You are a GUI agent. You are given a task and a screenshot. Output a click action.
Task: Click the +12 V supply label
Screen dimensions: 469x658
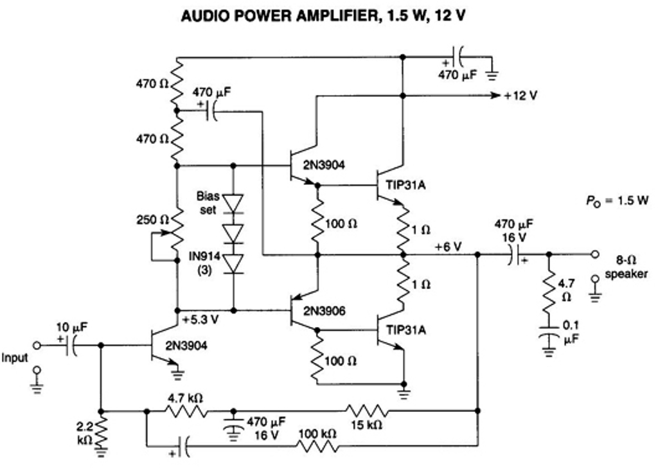point(520,96)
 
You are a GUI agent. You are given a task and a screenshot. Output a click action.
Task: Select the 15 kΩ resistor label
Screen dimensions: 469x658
point(367,425)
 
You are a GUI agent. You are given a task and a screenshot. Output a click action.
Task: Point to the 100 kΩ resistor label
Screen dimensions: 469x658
point(317,434)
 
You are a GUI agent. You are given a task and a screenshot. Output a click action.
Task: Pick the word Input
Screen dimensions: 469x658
point(15,357)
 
